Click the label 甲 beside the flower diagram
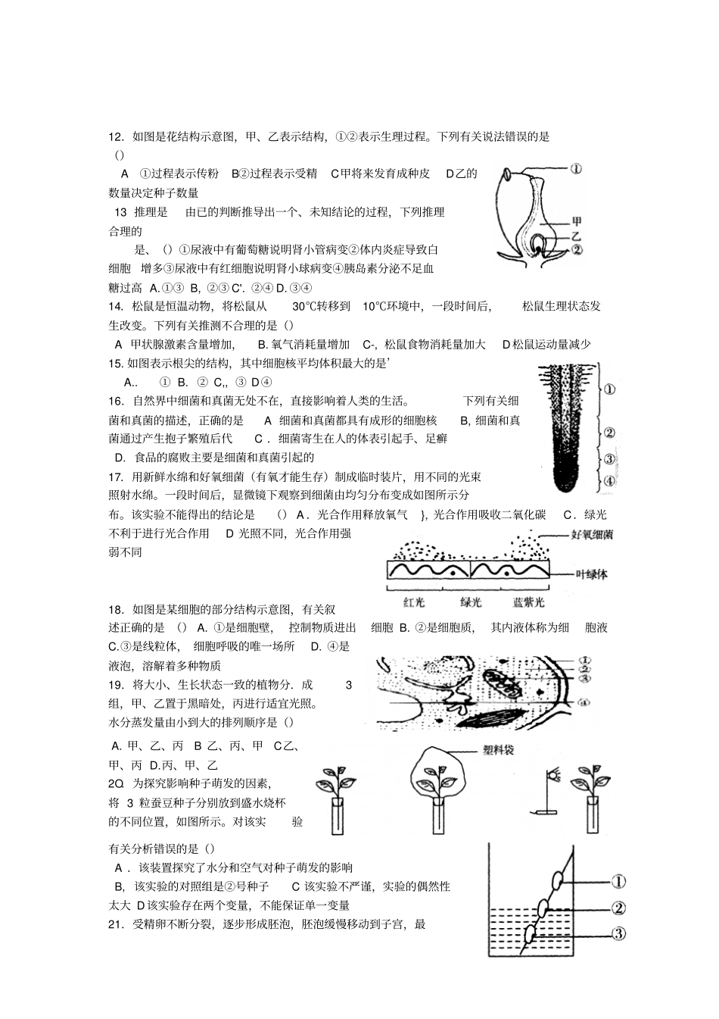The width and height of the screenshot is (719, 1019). coord(576,220)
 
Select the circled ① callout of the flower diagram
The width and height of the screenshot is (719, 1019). coord(576,169)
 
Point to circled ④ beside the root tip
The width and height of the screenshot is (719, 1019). coord(609,481)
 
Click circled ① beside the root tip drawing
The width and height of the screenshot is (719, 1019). coord(609,389)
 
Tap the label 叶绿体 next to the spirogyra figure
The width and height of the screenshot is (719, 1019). coord(592,574)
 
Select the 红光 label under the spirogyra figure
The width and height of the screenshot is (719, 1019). coord(415,602)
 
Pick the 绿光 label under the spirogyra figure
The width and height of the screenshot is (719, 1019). coord(471,602)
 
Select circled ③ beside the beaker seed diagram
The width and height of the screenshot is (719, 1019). coord(618,933)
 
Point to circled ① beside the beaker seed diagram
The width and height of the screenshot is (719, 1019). coord(618,881)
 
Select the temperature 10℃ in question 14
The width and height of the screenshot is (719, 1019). coord(378,307)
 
